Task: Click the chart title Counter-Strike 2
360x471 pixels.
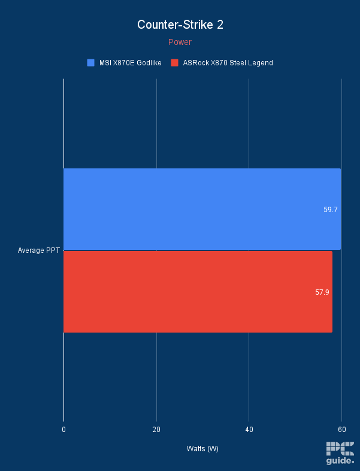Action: [180, 25]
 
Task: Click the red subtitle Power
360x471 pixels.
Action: [180, 42]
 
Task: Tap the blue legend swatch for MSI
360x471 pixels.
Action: [91, 62]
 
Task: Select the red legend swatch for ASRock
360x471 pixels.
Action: [175, 62]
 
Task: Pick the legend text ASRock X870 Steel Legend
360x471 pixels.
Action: [228, 62]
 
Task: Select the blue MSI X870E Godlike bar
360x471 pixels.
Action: [202, 209]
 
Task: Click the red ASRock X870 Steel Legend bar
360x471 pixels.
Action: [198, 292]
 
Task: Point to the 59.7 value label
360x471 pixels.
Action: [330, 210]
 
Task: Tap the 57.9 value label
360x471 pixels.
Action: [322, 292]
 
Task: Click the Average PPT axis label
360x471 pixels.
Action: [38, 250]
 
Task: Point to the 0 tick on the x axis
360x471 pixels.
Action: [63, 430]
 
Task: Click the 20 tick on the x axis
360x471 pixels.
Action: [156, 430]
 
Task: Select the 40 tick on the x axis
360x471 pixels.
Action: [249, 430]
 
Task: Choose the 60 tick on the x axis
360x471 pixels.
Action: [341, 430]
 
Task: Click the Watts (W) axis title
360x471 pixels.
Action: [202, 449]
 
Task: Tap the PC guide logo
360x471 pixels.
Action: [340, 453]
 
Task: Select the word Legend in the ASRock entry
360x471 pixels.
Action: [261, 62]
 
